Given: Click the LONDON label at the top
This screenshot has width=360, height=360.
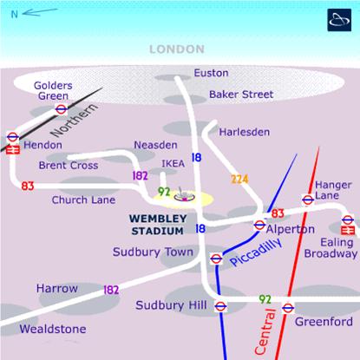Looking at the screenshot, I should click(177, 49).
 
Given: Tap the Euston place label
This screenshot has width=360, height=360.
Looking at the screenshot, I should click(211, 73).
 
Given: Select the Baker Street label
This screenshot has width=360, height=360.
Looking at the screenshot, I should click(241, 94).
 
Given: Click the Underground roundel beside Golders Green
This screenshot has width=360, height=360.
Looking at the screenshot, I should click(61, 109).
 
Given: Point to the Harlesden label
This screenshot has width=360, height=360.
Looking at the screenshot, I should click(244, 132).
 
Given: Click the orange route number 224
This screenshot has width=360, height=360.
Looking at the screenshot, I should click(239, 179).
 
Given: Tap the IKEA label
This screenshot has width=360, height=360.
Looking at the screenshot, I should click(173, 163).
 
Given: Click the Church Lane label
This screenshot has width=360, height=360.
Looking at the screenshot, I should click(83, 200).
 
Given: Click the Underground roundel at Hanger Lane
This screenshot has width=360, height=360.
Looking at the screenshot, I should click(308, 200).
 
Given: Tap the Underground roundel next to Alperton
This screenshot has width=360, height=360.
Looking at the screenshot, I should click(259, 226).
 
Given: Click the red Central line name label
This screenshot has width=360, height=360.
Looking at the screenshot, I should click(269, 330).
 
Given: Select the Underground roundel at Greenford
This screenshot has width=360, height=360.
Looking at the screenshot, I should click(288, 307).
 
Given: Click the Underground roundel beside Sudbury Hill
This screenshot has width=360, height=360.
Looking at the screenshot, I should click(220, 305).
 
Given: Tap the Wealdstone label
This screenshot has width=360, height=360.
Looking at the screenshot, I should click(54, 329).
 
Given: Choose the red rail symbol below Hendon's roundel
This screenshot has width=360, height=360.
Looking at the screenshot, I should click(13, 149).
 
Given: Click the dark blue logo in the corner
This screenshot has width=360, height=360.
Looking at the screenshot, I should click(338, 20).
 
